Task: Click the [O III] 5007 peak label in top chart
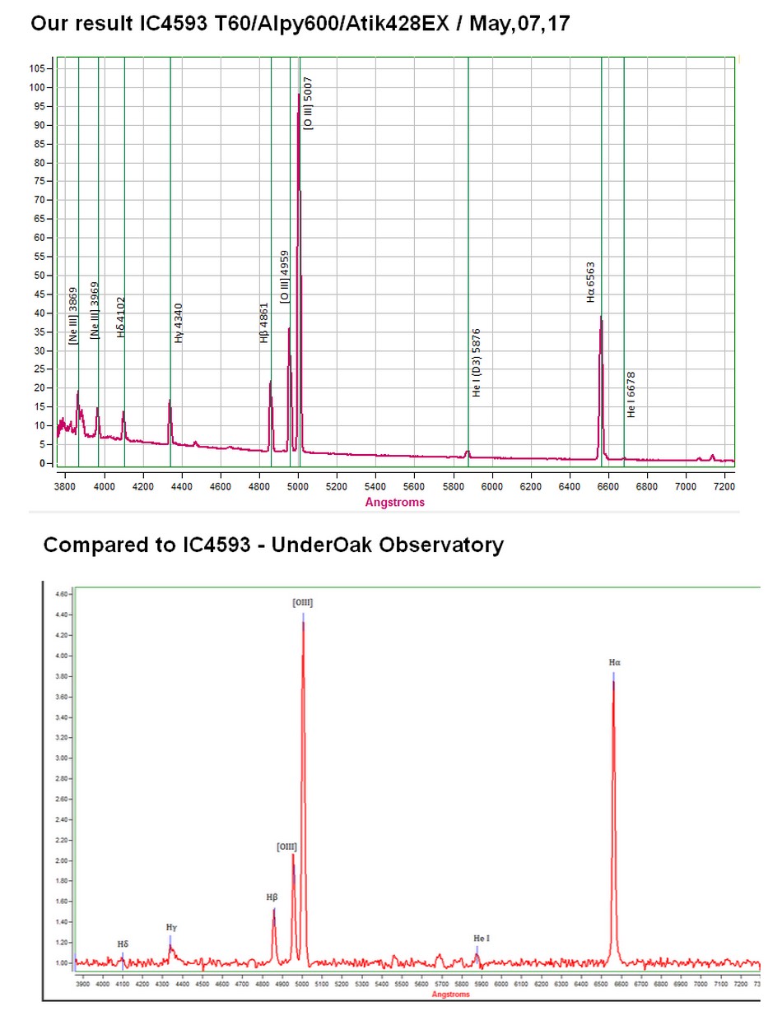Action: [x=309, y=103]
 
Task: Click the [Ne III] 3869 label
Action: [x=73, y=316]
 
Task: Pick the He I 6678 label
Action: [x=631, y=394]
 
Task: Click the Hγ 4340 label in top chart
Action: [x=179, y=322]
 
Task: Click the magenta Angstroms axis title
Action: [x=395, y=502]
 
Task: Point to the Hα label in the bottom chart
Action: [x=615, y=661]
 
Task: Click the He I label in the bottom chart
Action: [x=482, y=938]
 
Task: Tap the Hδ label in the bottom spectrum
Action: [x=123, y=944]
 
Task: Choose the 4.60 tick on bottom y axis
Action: [x=60, y=593]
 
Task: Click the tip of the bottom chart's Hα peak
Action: [x=613, y=675]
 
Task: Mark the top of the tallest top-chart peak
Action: [x=299, y=94]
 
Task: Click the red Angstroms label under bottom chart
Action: [x=450, y=995]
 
